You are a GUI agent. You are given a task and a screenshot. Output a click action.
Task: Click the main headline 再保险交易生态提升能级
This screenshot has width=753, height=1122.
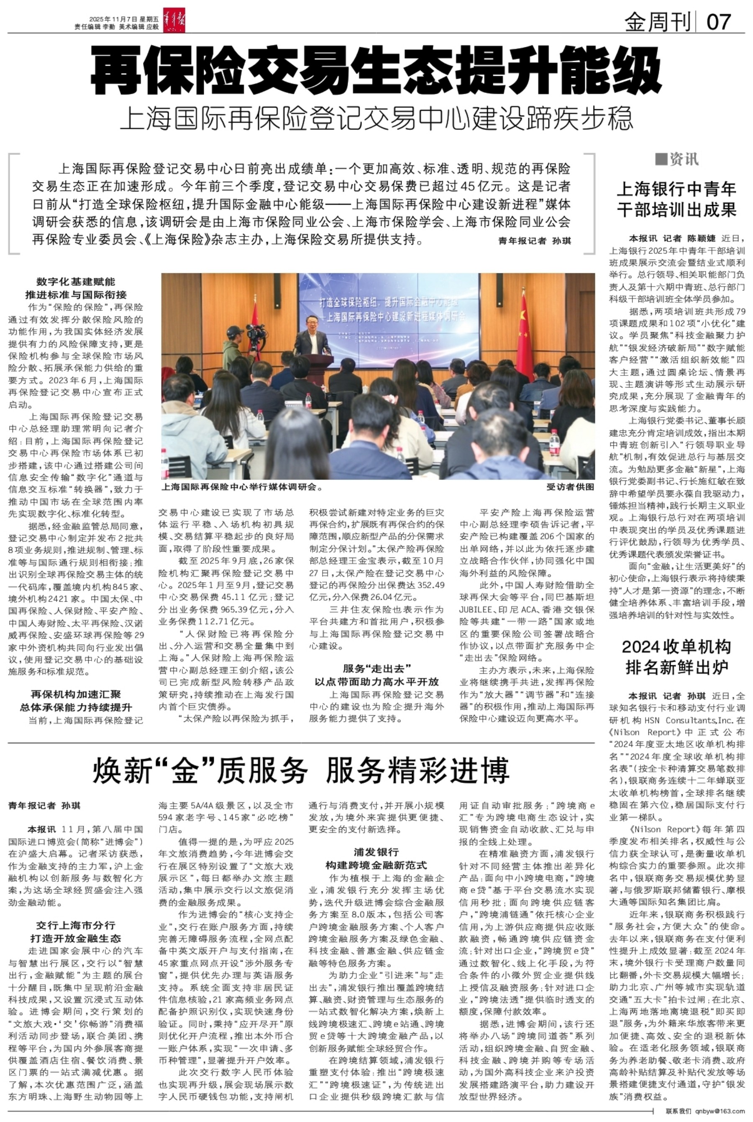pyautogui.click(x=376, y=71)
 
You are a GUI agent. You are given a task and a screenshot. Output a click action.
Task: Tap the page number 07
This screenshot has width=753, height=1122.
pyautogui.click(x=719, y=22)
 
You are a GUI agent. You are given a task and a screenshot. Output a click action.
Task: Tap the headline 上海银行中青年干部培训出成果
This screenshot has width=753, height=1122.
pyautogui.click(x=676, y=199)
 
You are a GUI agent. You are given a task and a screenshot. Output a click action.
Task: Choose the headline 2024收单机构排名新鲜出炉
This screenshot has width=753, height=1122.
pyautogui.click(x=676, y=657)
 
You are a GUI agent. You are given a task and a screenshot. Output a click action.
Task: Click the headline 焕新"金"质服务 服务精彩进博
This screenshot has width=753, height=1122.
pyautogui.click(x=301, y=770)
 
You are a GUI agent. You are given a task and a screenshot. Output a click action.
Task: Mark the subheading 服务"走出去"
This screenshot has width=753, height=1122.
pyautogui.click(x=376, y=668)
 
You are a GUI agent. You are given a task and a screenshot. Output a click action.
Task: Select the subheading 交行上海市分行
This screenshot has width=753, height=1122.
pyautogui.click(x=76, y=924)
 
